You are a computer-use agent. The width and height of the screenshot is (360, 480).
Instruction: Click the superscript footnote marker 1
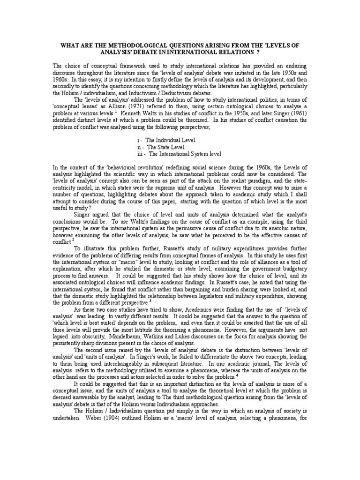pyautogui.click(x=115, y=112)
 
